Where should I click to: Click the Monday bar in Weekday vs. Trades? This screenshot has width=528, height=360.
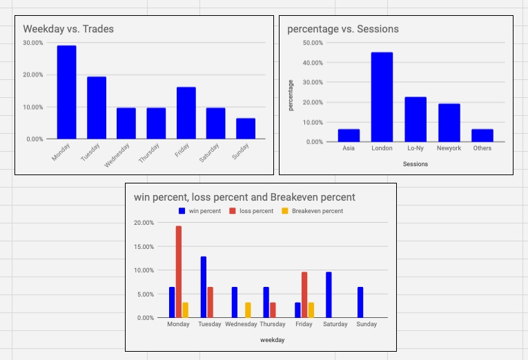[66, 92]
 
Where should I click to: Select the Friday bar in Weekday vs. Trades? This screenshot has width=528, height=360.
[186, 113]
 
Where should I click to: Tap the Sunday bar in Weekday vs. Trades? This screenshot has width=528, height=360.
[246, 128]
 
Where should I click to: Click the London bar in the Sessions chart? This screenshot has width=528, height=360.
[382, 97]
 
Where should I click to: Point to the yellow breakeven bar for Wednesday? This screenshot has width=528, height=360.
[248, 310]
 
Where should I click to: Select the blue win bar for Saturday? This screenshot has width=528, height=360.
[329, 294]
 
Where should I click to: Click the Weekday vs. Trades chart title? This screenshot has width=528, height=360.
[68, 29]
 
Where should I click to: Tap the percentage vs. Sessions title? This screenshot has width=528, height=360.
[343, 29]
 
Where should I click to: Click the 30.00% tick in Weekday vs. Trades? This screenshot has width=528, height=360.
[33, 43]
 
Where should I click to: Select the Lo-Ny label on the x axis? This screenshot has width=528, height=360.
[415, 148]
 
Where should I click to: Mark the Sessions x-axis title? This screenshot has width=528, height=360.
[415, 164]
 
